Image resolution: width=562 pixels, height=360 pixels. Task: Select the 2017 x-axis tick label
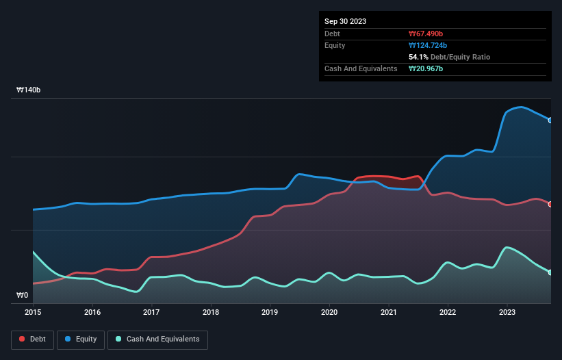[x=151, y=312]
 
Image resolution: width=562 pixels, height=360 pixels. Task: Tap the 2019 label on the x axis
[x=270, y=312]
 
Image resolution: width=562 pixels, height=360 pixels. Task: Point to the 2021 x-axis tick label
[x=388, y=312]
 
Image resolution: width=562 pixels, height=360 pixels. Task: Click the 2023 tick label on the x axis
[x=507, y=312]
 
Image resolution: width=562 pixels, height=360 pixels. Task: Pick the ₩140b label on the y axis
[x=29, y=90]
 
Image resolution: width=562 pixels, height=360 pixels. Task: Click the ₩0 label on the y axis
[x=23, y=296]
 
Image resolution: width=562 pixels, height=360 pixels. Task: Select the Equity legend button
[x=81, y=339]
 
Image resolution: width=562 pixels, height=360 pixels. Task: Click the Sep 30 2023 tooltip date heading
[x=345, y=21]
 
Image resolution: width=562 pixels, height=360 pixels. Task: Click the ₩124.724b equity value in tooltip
[x=428, y=45]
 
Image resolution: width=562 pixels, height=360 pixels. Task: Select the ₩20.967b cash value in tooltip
[x=426, y=68]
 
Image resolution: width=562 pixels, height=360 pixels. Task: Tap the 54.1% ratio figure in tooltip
[x=419, y=57]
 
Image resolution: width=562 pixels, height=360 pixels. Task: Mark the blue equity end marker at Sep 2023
[x=550, y=120]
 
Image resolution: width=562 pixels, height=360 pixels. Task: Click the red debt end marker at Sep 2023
[x=550, y=204]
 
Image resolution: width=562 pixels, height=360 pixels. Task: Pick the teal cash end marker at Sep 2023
[x=550, y=272]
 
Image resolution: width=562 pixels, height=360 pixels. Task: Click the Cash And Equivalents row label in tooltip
[x=361, y=68]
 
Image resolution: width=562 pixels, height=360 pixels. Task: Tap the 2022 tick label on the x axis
[x=448, y=312]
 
